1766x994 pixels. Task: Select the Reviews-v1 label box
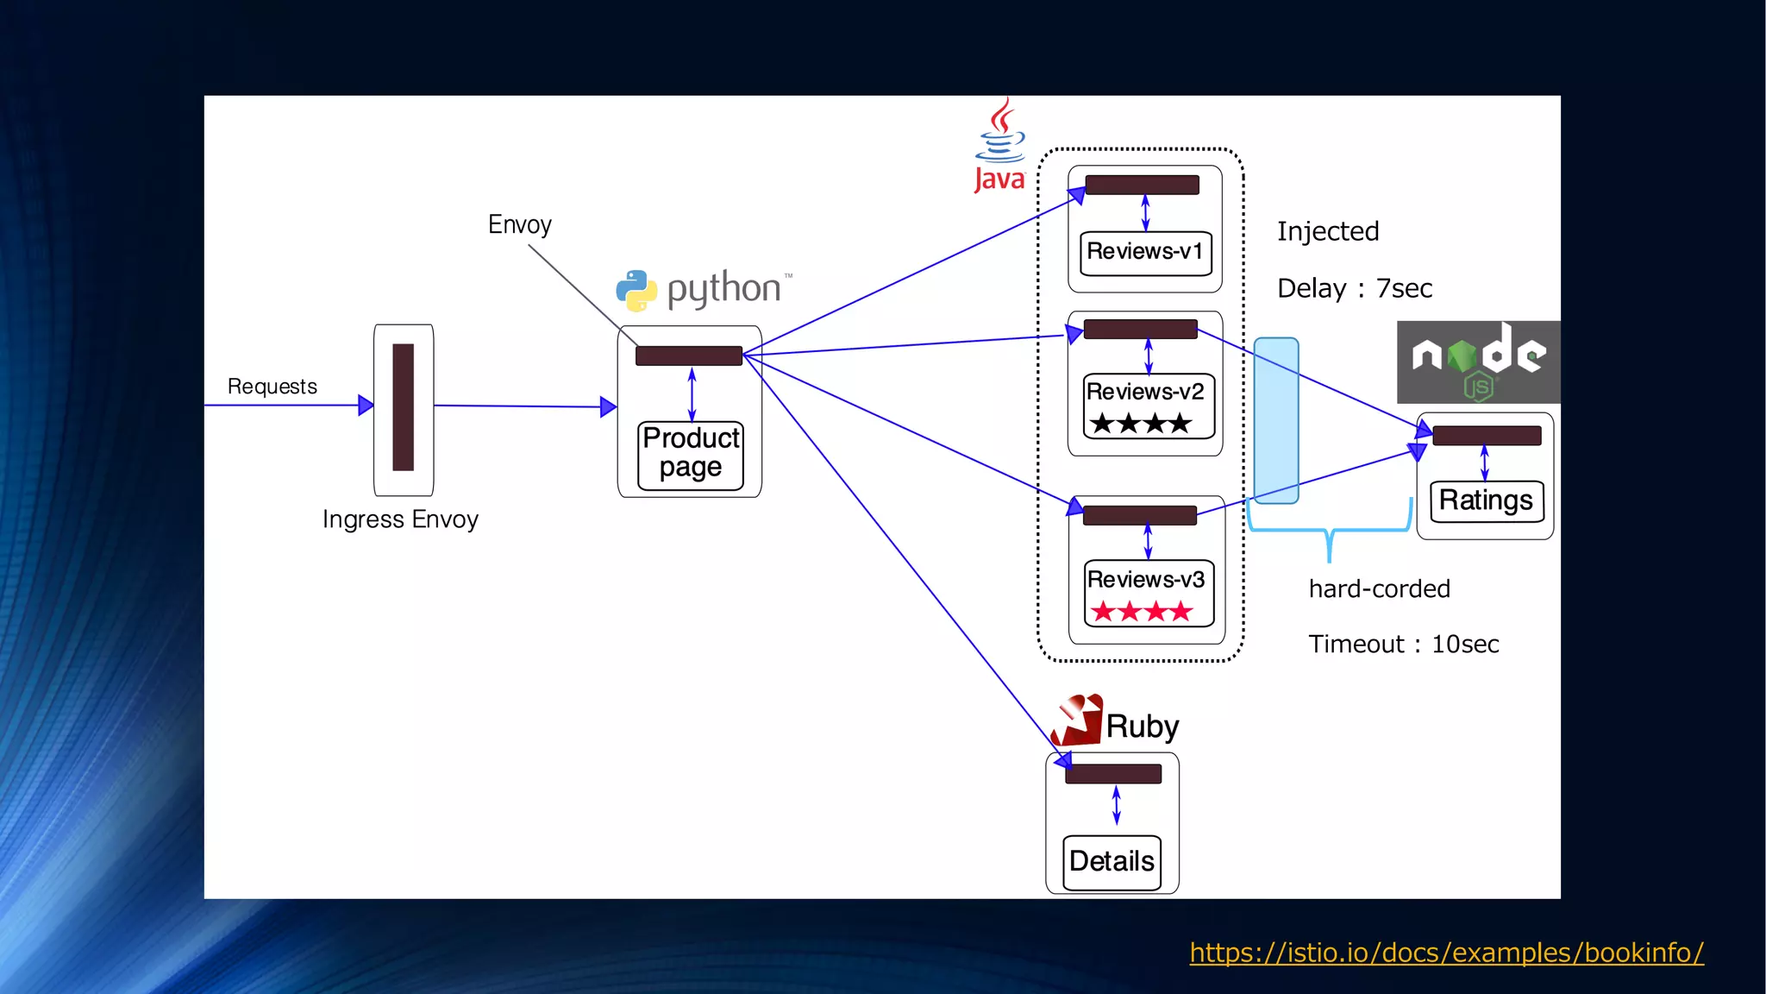[x=1145, y=252]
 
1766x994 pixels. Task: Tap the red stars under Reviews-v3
[x=1142, y=612]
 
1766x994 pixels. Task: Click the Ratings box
[x=1486, y=500]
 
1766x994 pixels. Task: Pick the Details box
[x=1112, y=861]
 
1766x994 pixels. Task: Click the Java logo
[x=1000, y=145]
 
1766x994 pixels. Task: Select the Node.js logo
[x=1478, y=362]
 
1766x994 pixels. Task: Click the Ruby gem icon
[x=1078, y=720]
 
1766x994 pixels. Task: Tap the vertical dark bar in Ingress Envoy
[x=403, y=407]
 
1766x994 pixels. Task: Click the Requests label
[x=272, y=386]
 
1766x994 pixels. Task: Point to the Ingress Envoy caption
[x=400, y=519]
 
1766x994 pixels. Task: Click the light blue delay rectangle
[x=1276, y=420]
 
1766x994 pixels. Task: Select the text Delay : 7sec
[x=1355, y=288]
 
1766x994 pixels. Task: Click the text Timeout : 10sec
[x=1403, y=644]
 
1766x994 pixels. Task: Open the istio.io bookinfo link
[x=1446, y=953]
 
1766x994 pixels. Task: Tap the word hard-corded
[x=1379, y=588]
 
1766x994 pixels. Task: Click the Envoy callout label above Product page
[x=519, y=224]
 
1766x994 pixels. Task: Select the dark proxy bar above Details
[x=1113, y=774]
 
